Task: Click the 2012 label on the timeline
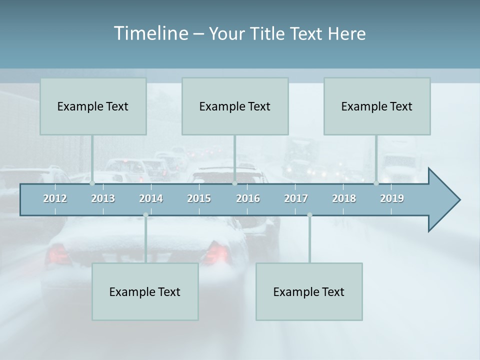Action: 55,198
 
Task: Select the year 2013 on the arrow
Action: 103,198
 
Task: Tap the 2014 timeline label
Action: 151,198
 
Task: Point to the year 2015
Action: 199,198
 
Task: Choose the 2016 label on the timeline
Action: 248,198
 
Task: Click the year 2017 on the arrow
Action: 296,198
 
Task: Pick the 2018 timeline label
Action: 344,198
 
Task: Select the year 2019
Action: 392,198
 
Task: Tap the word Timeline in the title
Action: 150,33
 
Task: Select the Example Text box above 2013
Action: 93,106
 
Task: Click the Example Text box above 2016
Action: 235,106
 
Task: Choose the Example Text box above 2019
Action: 377,106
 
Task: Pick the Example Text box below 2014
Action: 145,291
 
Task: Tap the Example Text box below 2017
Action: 309,291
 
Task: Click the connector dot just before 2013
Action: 92,183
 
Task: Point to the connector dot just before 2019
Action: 376,183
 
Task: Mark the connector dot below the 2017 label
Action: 309,215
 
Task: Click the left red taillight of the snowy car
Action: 58,254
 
